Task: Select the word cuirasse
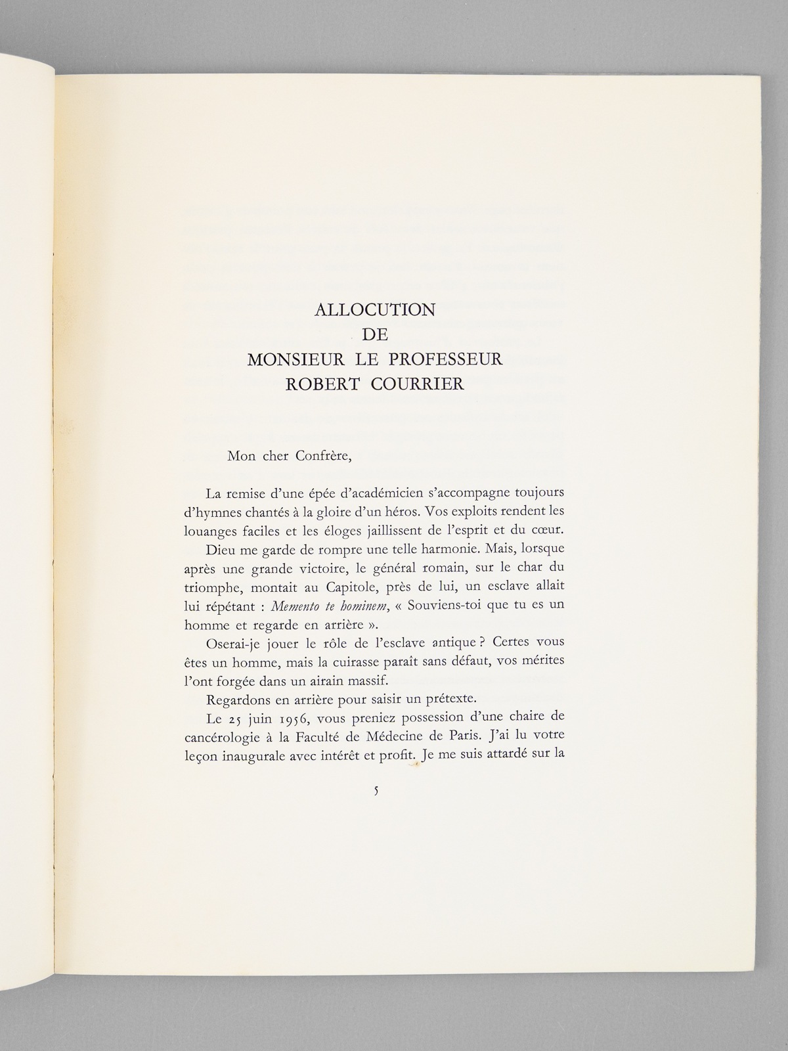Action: (x=363, y=660)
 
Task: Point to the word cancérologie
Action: (x=219, y=733)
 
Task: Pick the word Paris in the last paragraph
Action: (x=443, y=733)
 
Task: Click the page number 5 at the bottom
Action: (x=376, y=792)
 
